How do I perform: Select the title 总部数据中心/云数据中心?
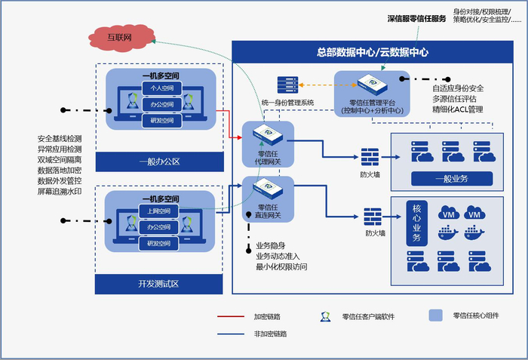(373, 52)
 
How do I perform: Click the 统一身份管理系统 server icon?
(287, 85)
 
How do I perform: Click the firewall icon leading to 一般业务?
(370, 157)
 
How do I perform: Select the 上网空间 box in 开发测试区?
(157, 211)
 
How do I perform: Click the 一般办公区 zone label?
(159, 162)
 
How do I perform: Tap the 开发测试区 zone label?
(159, 284)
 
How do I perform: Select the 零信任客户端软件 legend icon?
(324, 317)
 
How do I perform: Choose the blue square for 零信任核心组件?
(435, 315)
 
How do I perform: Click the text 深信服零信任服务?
(416, 17)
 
